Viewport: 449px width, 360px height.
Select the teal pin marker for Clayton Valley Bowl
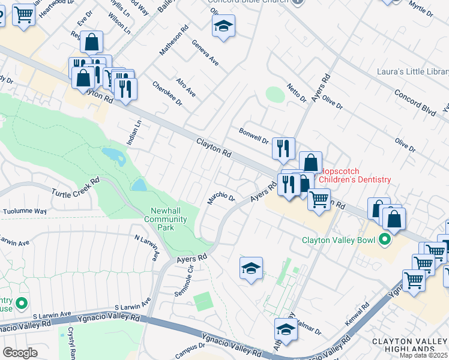click(384, 241)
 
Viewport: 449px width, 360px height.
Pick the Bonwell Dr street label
click(253, 136)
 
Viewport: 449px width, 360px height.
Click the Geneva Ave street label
click(205, 53)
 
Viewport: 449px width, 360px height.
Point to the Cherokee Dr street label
click(167, 93)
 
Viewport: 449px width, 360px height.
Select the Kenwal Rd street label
click(357, 315)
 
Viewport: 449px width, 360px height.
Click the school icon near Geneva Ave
click(223, 26)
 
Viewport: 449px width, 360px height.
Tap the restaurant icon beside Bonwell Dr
click(283, 148)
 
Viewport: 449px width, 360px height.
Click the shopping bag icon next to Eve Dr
click(91, 42)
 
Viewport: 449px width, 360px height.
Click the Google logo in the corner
click(20, 352)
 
